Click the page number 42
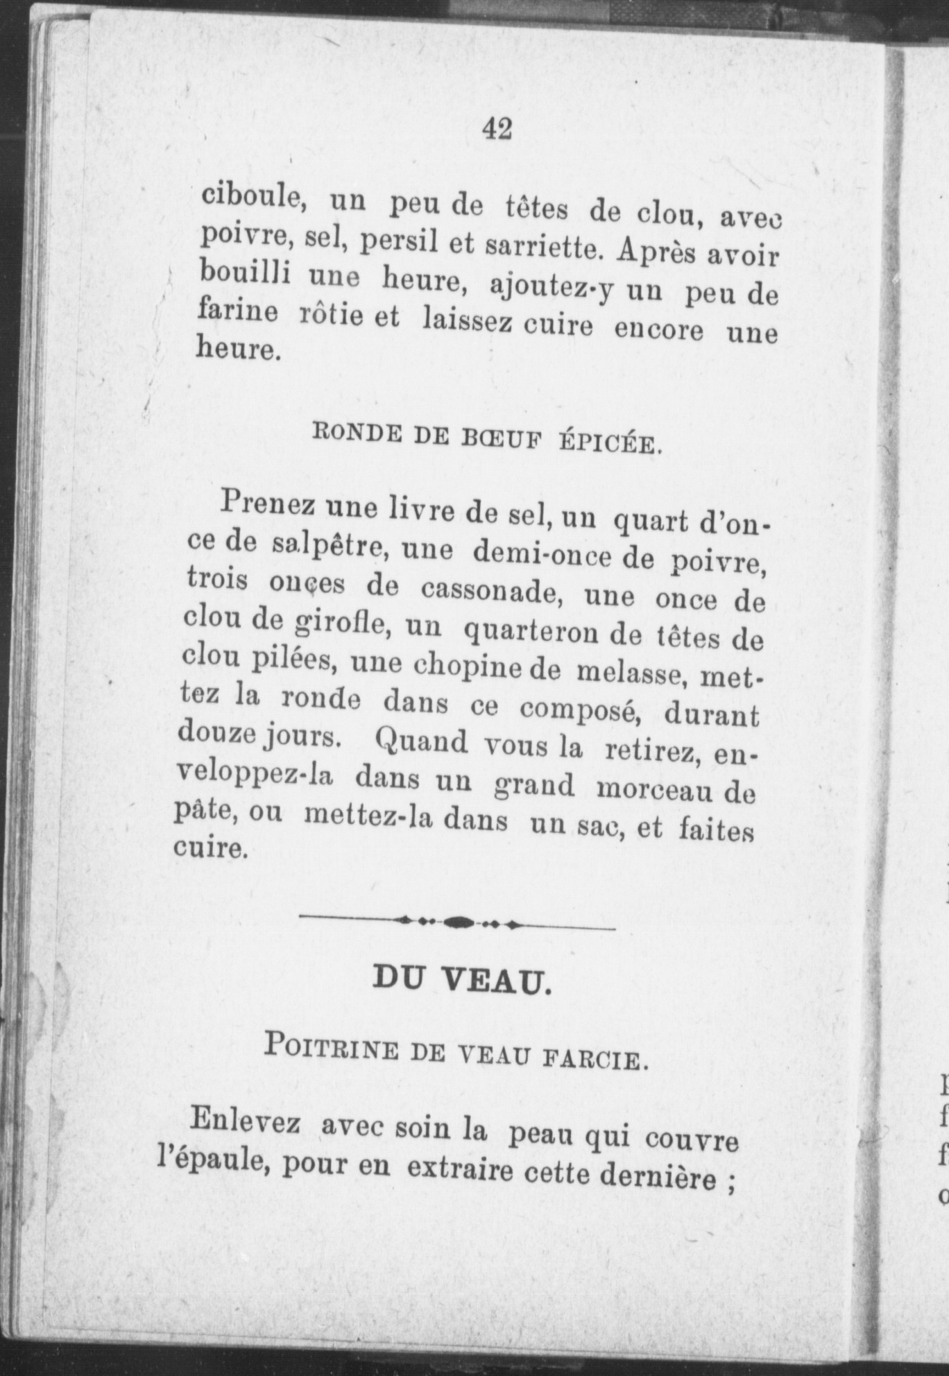(497, 129)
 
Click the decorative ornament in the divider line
(457, 922)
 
